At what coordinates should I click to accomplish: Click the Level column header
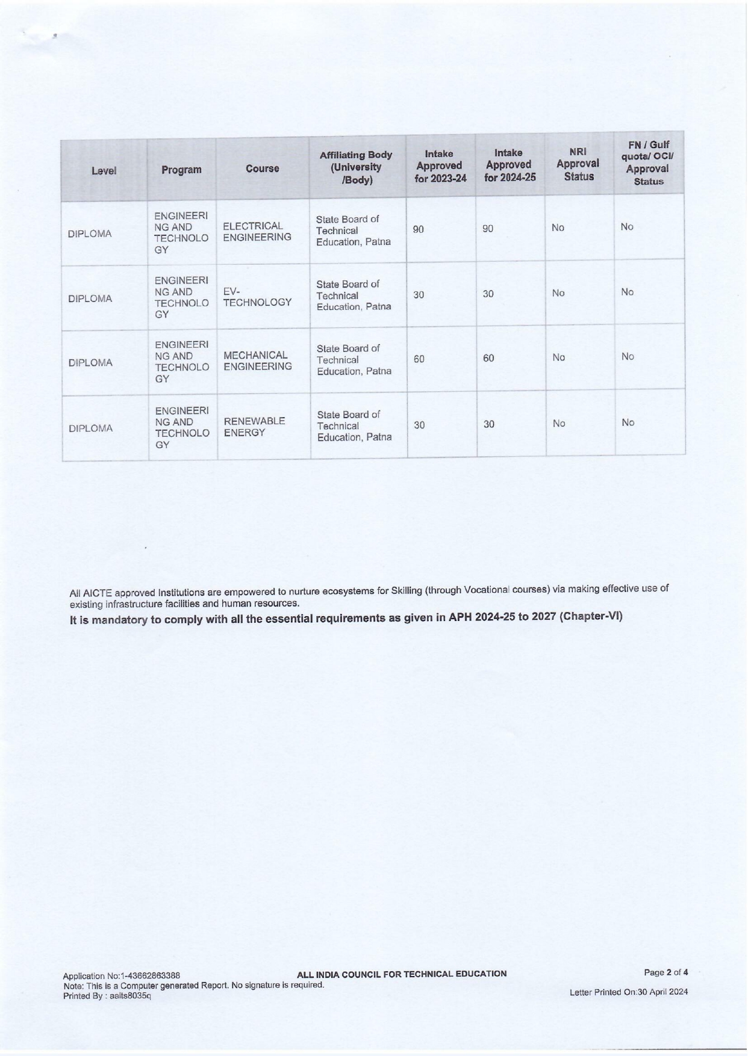(x=104, y=171)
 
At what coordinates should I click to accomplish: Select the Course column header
(x=262, y=169)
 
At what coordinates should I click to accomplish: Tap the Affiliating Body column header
(x=356, y=167)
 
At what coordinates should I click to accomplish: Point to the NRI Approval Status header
(x=578, y=164)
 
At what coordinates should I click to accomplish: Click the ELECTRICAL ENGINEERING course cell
(x=257, y=232)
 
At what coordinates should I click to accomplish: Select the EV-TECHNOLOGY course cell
(x=257, y=297)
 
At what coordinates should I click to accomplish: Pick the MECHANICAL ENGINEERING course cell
(x=257, y=361)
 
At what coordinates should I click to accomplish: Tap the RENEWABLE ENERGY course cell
(x=254, y=427)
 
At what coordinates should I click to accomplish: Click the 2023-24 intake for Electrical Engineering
(x=419, y=229)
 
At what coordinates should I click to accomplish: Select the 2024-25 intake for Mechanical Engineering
(x=488, y=359)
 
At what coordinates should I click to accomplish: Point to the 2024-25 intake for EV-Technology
(x=488, y=294)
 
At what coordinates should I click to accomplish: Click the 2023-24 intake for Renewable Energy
(x=419, y=425)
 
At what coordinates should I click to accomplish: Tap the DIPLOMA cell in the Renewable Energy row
(x=90, y=428)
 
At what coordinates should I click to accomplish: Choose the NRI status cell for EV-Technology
(x=558, y=293)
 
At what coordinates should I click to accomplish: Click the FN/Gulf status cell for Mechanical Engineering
(x=628, y=357)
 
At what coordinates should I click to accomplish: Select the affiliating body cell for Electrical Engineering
(x=353, y=230)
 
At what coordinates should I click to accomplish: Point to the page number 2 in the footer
(x=669, y=972)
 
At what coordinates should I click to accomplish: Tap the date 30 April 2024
(x=662, y=992)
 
